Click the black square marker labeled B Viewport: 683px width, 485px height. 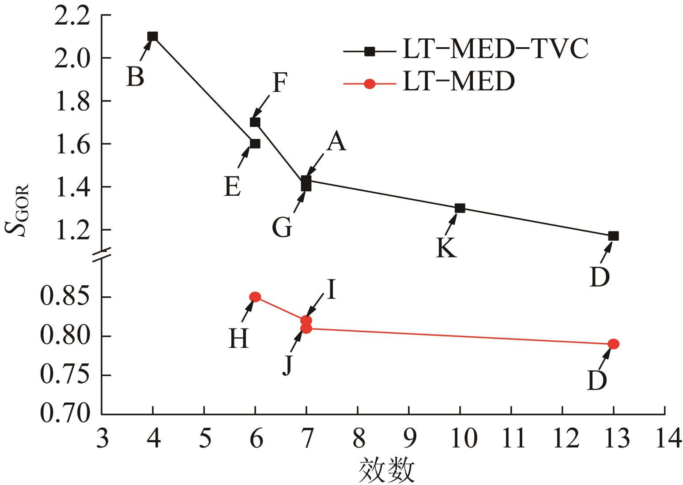point(153,36)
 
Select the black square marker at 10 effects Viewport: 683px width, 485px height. point(460,208)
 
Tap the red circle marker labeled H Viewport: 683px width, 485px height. point(255,297)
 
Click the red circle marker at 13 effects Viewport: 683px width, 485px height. point(613,344)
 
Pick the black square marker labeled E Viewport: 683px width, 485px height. point(255,143)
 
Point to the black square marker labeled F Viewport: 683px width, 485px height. point(255,122)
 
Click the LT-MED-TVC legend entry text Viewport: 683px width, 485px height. point(494,50)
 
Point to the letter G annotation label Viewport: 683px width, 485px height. point(282,228)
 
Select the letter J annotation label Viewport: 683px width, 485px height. point(287,365)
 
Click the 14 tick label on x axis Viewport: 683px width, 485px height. point(664,439)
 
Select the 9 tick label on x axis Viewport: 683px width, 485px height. point(409,439)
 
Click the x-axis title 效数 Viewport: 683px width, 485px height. point(387,470)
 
